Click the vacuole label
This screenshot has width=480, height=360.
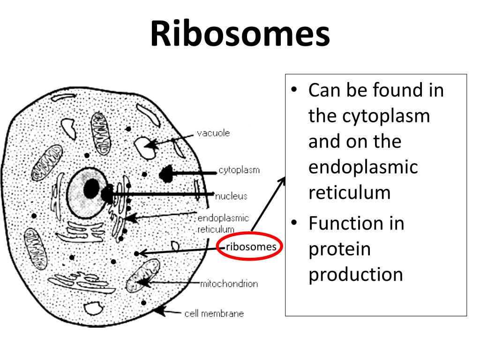(x=213, y=133)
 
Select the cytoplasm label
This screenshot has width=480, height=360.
(x=239, y=170)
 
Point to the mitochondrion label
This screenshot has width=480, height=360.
(x=229, y=284)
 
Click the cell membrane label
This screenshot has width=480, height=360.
(x=214, y=314)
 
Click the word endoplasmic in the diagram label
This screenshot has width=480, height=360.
(x=223, y=219)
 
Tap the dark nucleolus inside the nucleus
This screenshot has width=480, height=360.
(x=91, y=189)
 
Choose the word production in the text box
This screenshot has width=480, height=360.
(x=356, y=275)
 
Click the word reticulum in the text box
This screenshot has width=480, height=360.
(x=349, y=193)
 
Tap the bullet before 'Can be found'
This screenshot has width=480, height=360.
(x=294, y=90)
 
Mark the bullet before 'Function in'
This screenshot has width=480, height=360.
(x=294, y=224)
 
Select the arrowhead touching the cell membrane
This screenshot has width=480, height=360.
(x=160, y=309)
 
